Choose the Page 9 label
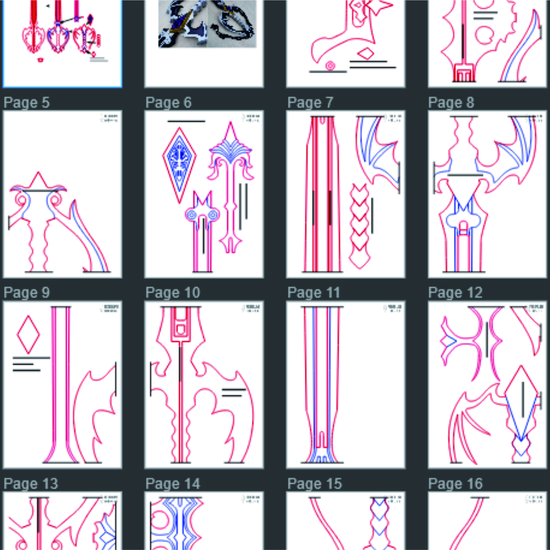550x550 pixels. (x=26, y=293)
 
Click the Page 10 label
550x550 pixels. (x=173, y=293)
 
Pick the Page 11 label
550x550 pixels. (x=314, y=293)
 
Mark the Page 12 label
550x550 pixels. (x=455, y=293)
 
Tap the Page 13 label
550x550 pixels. (x=31, y=484)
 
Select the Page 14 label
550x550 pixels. (x=173, y=484)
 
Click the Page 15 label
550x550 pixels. (x=314, y=484)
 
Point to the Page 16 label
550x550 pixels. (x=455, y=484)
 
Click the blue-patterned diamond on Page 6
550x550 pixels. (x=179, y=165)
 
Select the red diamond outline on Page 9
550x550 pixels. (x=28, y=335)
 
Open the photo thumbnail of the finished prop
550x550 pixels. (x=207, y=24)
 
